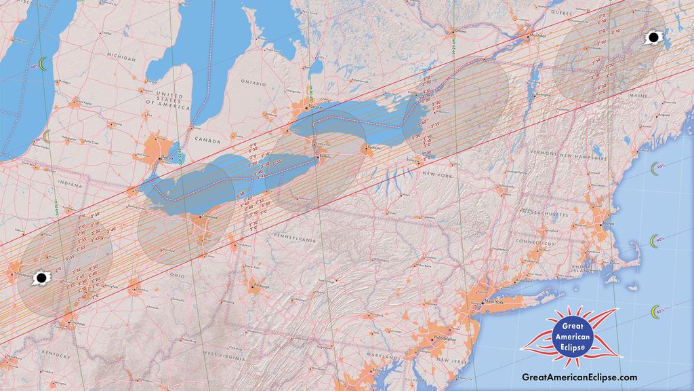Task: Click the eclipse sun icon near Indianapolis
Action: click(41, 278)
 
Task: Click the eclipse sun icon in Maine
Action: click(653, 37)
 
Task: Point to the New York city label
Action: click(494, 301)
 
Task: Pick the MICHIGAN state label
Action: click(121, 58)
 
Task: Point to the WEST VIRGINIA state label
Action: click(224, 356)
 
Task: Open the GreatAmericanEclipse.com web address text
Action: click(579, 377)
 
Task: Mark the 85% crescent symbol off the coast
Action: click(656, 312)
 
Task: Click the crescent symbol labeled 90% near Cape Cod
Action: click(655, 241)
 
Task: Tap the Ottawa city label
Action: click(460, 31)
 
